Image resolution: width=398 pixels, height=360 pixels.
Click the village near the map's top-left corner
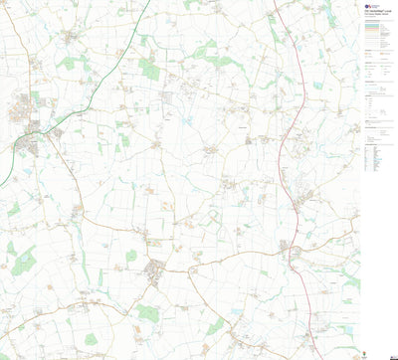71,38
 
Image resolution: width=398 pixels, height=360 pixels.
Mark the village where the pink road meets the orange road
294,254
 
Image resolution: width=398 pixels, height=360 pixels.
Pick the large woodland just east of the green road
149,70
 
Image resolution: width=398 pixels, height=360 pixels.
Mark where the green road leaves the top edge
150,2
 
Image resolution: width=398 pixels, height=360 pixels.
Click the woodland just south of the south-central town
149,313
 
